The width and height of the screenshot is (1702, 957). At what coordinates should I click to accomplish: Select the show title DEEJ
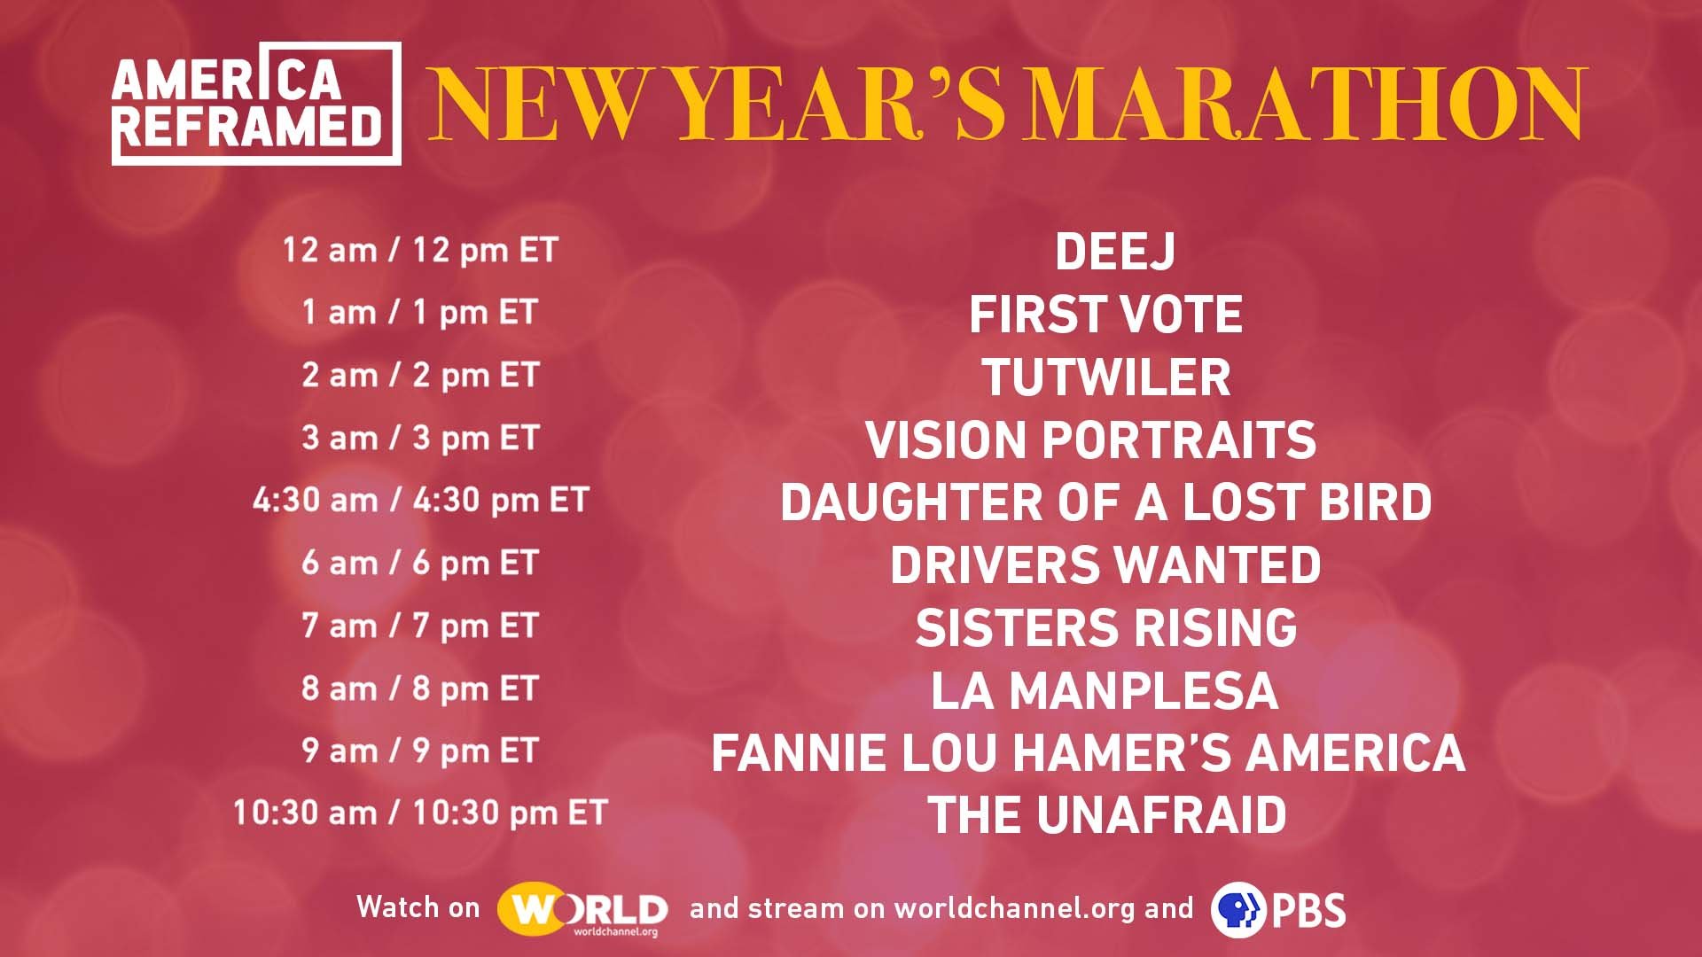click(x=1115, y=252)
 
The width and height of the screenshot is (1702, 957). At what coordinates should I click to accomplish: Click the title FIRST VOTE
click(x=1105, y=315)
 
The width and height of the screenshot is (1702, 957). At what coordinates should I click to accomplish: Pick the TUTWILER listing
click(x=1105, y=377)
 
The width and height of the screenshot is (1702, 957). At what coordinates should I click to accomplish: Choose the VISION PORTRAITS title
click(x=1090, y=440)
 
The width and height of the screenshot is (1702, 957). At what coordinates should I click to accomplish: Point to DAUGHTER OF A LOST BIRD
click(x=1105, y=502)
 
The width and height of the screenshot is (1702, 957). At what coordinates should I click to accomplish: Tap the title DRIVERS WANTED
click(x=1105, y=565)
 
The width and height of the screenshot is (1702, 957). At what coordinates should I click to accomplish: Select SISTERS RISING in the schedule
click(x=1106, y=628)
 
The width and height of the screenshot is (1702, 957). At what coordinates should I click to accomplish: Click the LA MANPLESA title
click(x=1105, y=691)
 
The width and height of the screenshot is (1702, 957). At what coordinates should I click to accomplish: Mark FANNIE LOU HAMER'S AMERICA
click(x=1088, y=753)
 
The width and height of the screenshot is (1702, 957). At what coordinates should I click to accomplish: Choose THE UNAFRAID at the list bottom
click(x=1106, y=816)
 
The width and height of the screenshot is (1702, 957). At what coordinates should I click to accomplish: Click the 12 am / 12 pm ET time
click(x=420, y=251)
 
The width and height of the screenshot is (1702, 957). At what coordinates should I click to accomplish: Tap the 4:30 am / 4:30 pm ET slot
click(x=421, y=501)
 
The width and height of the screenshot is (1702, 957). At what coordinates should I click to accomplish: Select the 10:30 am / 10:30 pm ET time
click(x=420, y=813)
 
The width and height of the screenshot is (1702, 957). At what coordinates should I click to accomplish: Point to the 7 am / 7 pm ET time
click(x=420, y=626)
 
